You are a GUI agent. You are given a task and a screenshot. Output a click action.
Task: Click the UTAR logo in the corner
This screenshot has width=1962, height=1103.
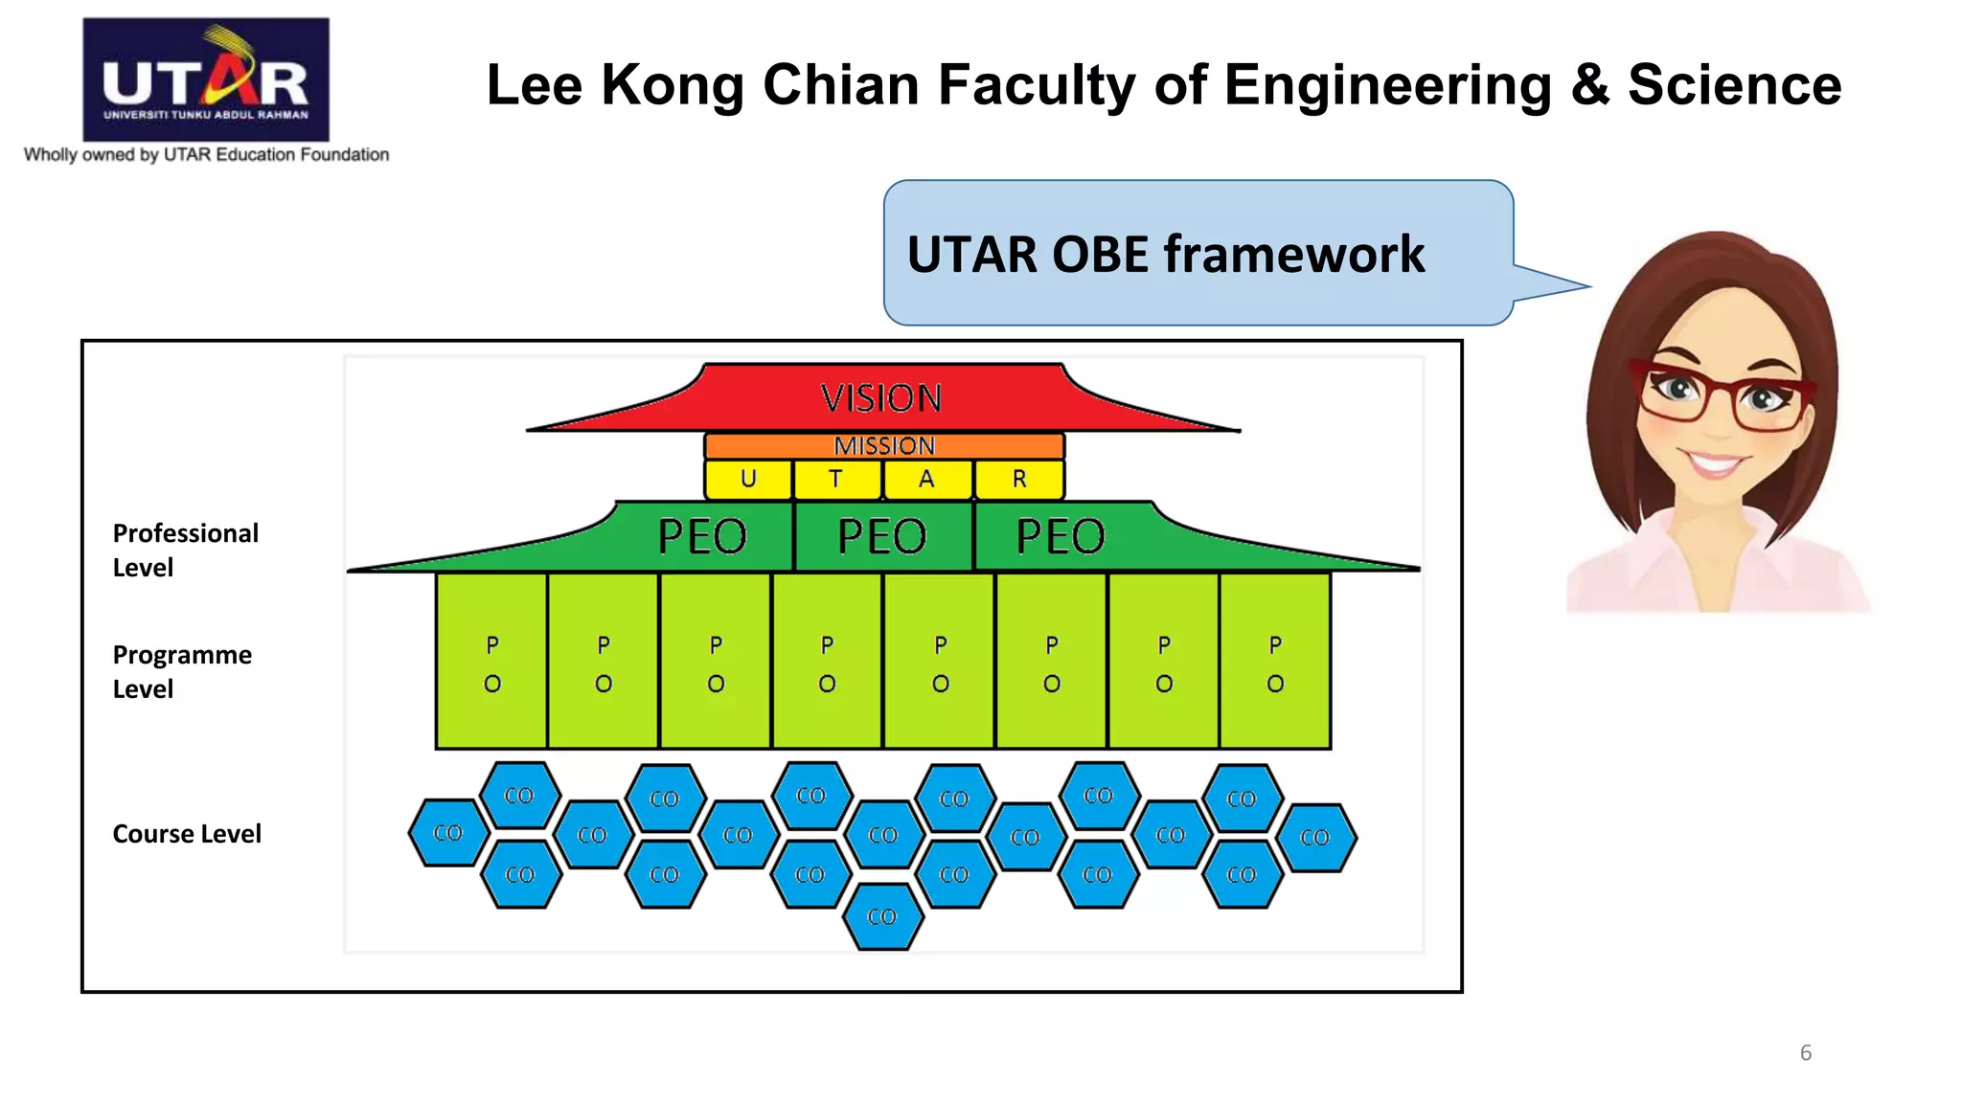(x=206, y=79)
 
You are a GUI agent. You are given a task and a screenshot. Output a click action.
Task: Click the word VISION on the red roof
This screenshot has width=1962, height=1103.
(x=881, y=398)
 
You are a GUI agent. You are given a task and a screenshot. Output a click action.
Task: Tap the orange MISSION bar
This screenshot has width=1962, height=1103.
(x=884, y=446)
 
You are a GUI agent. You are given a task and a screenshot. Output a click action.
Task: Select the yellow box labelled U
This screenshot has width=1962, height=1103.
(x=748, y=480)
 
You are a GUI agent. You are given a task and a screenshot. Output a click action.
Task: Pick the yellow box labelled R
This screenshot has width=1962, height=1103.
(x=1019, y=480)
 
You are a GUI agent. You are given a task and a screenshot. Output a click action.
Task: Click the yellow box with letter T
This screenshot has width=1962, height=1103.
(x=836, y=480)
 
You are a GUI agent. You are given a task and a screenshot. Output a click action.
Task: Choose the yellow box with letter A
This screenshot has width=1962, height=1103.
(x=926, y=480)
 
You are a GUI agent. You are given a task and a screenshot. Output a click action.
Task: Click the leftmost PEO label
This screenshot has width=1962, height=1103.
(x=702, y=536)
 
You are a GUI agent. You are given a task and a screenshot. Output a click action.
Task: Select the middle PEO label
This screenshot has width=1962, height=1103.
(x=882, y=536)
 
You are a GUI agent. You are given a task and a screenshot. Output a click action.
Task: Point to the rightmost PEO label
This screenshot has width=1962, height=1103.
(x=1061, y=536)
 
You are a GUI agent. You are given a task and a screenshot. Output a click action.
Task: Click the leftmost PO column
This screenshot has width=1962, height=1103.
(x=491, y=662)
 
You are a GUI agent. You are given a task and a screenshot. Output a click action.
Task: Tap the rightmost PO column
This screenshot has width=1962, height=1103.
(x=1275, y=662)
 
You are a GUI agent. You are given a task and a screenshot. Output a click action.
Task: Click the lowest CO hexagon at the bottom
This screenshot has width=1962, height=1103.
(x=882, y=916)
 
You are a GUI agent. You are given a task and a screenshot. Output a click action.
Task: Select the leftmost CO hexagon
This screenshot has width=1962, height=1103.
(x=447, y=833)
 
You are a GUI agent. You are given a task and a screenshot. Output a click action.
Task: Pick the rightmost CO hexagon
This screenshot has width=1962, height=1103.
(x=1315, y=838)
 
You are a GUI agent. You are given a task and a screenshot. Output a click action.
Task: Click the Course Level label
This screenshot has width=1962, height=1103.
(x=187, y=834)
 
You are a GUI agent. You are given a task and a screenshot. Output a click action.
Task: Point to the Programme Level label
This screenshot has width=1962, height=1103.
(x=182, y=671)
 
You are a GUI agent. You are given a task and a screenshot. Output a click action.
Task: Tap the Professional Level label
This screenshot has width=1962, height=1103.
(x=185, y=550)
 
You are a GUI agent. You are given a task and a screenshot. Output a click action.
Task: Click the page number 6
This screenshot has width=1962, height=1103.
(x=1806, y=1052)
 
